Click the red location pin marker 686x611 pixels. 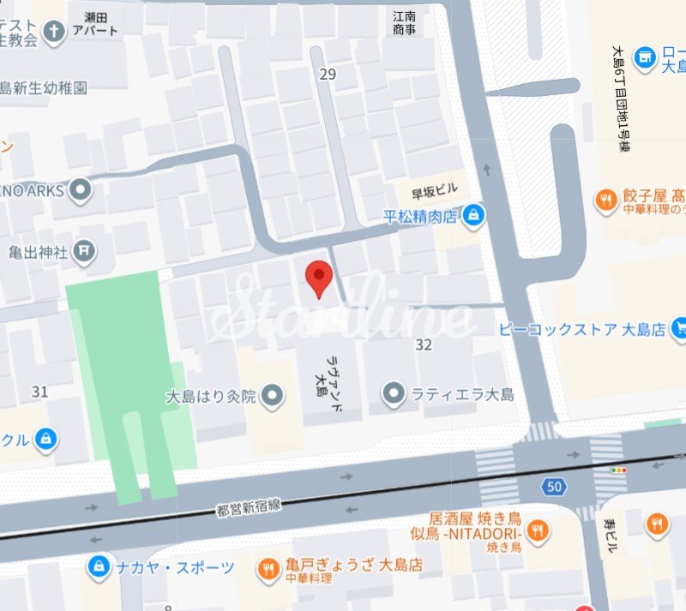[320, 278]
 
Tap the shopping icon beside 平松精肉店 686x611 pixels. [472, 217]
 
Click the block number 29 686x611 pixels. [328, 75]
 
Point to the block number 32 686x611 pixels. [423, 344]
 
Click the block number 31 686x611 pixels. [39, 391]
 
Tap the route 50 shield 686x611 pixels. [554, 487]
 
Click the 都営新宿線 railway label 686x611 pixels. [250, 509]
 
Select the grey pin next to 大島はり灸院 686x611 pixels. [273, 396]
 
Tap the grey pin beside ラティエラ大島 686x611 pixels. [394, 395]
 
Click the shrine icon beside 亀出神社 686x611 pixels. [84, 251]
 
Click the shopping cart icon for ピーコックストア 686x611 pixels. [679, 326]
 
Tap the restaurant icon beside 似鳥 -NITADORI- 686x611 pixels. [538, 528]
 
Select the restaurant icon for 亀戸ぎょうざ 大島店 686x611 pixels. [268, 567]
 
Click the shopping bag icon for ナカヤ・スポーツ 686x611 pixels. [100, 566]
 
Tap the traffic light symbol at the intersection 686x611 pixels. [619, 470]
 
